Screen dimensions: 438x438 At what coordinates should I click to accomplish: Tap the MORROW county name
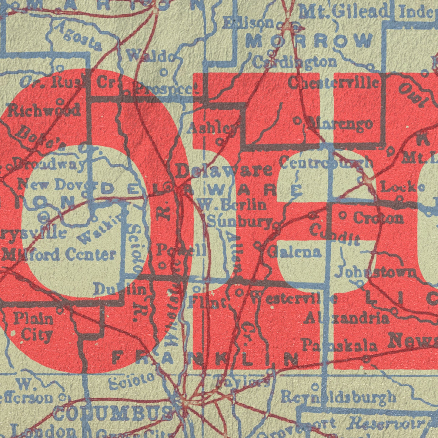pos(309,41)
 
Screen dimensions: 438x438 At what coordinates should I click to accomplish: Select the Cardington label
pos(295,63)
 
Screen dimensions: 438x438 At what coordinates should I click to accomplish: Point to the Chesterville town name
pos(333,82)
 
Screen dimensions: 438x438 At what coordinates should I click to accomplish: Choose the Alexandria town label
pos(346,318)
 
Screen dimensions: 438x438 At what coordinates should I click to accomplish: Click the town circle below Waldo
pos(164,72)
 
